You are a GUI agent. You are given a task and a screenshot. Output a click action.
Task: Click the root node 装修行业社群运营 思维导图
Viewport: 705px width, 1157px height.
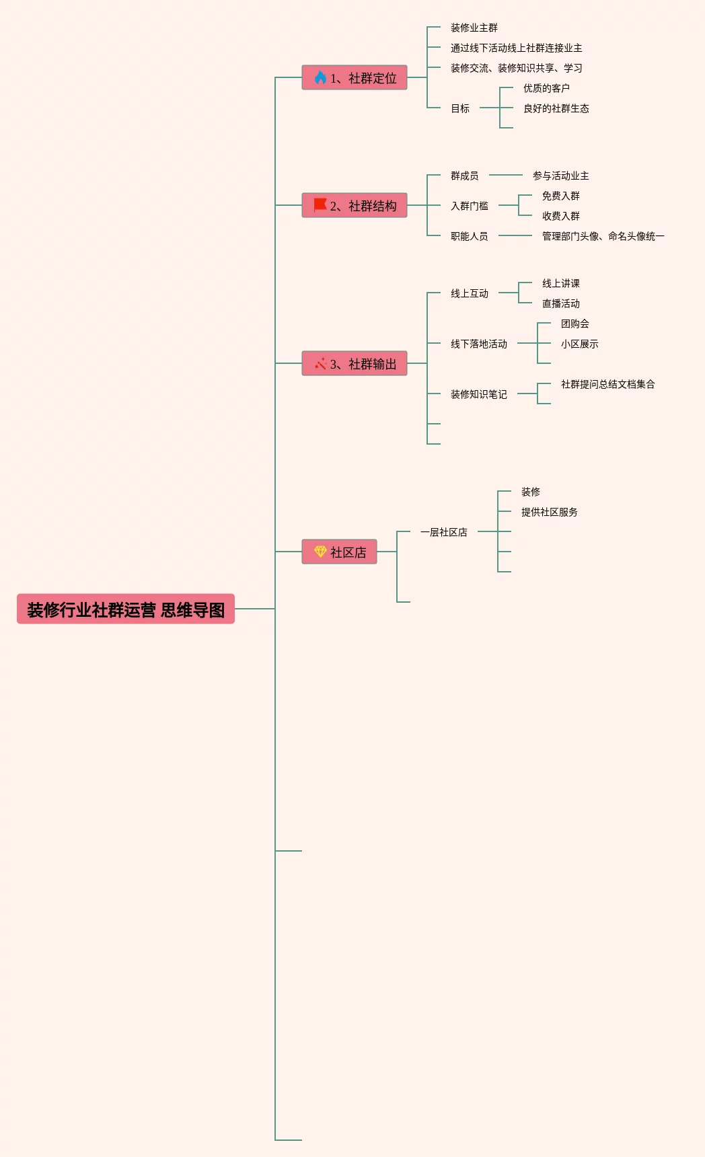pyautogui.click(x=126, y=609)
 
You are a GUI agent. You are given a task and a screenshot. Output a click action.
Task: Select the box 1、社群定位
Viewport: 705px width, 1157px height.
pyautogui.click(x=355, y=78)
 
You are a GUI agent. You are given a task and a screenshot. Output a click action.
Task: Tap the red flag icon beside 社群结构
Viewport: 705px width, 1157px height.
pyautogui.click(x=320, y=205)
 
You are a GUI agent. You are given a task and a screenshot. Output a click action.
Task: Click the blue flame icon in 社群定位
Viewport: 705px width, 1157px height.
pyautogui.click(x=320, y=78)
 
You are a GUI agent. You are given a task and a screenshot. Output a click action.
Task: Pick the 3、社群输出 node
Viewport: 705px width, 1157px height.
pyautogui.click(x=355, y=364)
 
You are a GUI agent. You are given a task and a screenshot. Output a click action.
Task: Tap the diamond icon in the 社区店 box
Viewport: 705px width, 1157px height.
pyautogui.click(x=320, y=552)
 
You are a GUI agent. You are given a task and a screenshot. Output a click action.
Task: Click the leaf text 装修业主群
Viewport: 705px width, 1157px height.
pyautogui.click(x=474, y=28)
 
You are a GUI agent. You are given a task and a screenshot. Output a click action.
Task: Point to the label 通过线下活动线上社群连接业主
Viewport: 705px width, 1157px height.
pyautogui.click(x=517, y=48)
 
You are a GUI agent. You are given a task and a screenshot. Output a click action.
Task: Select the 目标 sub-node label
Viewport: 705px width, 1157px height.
pyautogui.click(x=460, y=108)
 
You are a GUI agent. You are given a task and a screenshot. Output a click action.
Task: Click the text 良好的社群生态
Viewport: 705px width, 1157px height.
pyautogui.click(x=556, y=108)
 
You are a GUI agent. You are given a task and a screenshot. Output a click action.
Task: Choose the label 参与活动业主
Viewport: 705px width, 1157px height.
pyautogui.click(x=561, y=176)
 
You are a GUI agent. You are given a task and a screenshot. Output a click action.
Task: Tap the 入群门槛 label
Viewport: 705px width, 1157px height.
pyautogui.click(x=470, y=206)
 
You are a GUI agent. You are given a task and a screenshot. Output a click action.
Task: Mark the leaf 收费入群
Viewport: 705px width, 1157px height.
pyautogui.click(x=561, y=216)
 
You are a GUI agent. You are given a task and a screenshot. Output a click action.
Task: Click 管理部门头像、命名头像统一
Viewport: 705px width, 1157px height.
pyautogui.click(x=603, y=236)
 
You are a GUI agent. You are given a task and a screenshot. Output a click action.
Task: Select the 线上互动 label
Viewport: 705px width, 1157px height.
pyautogui.click(x=470, y=293)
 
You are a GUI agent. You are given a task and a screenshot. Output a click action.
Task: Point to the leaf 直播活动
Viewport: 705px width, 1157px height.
pyautogui.click(x=561, y=303)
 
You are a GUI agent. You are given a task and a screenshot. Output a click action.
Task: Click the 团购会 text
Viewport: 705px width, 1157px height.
pyautogui.click(x=575, y=324)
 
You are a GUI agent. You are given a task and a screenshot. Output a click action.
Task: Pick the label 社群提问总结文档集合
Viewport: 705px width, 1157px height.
pyautogui.click(x=608, y=384)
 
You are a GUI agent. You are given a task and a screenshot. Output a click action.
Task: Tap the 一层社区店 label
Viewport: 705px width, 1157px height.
pyautogui.click(x=444, y=532)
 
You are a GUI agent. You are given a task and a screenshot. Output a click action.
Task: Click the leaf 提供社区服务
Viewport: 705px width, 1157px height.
pyautogui.click(x=550, y=512)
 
